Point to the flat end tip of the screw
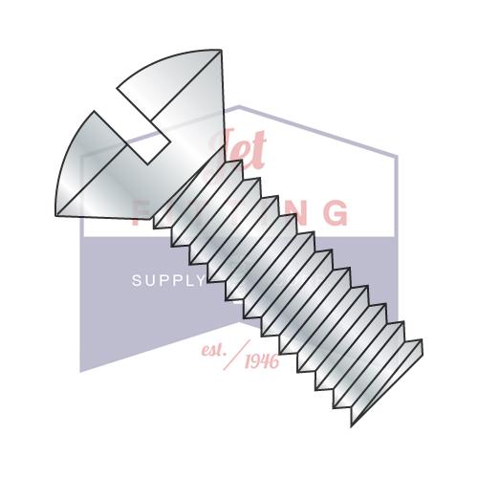(x=406, y=368)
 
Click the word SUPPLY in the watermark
(x=167, y=281)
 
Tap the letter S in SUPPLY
(x=136, y=281)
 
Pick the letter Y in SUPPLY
(x=200, y=281)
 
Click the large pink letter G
(x=335, y=212)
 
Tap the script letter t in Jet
(x=256, y=153)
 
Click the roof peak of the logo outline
(x=239, y=106)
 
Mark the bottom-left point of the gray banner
(x=80, y=371)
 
